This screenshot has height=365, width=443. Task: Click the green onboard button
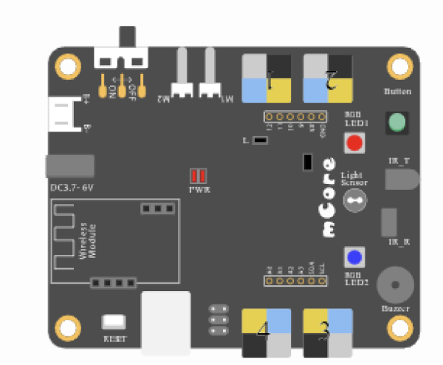pyautogui.click(x=398, y=123)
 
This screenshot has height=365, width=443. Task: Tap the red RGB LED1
pyautogui.click(x=355, y=143)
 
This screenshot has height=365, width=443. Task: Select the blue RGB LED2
pyautogui.click(x=355, y=257)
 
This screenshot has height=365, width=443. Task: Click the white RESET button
pyautogui.click(x=114, y=322)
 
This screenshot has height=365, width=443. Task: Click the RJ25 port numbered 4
pyautogui.click(x=267, y=332)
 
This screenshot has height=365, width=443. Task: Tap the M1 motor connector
pyautogui.click(x=210, y=81)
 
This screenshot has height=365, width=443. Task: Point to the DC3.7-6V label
pyautogui.click(x=72, y=188)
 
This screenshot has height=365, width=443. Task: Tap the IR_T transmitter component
pyautogui.click(x=406, y=178)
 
